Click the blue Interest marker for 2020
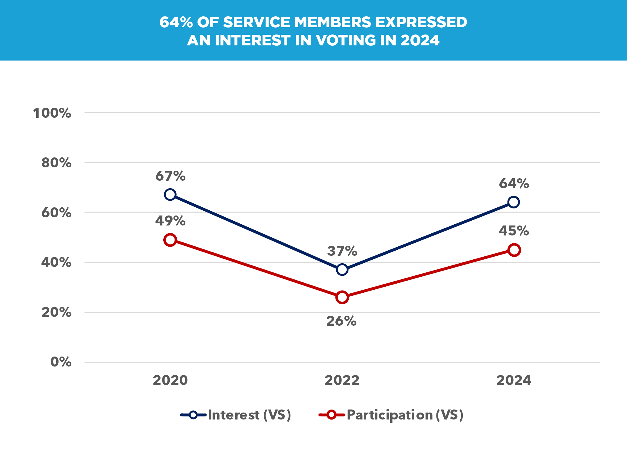170,194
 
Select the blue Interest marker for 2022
342,269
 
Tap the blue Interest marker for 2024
514,202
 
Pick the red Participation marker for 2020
170,240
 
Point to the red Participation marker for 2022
342,297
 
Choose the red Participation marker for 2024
514,250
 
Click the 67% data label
170,176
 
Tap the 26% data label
341,321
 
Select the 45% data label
514,231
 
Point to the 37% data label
342,251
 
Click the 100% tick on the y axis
52,113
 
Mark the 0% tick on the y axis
61,362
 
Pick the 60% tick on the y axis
56,213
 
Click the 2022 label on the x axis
342,380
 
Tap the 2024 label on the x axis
514,380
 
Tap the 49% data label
170,221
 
